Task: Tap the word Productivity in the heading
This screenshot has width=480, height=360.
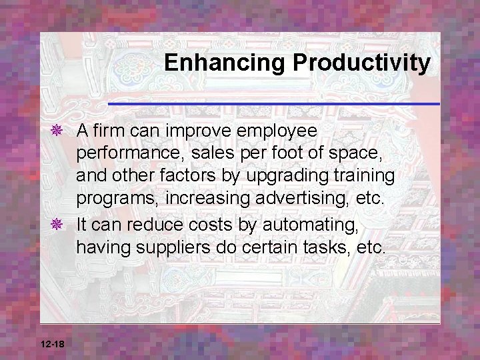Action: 361,63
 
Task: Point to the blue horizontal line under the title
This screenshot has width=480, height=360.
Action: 273,104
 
